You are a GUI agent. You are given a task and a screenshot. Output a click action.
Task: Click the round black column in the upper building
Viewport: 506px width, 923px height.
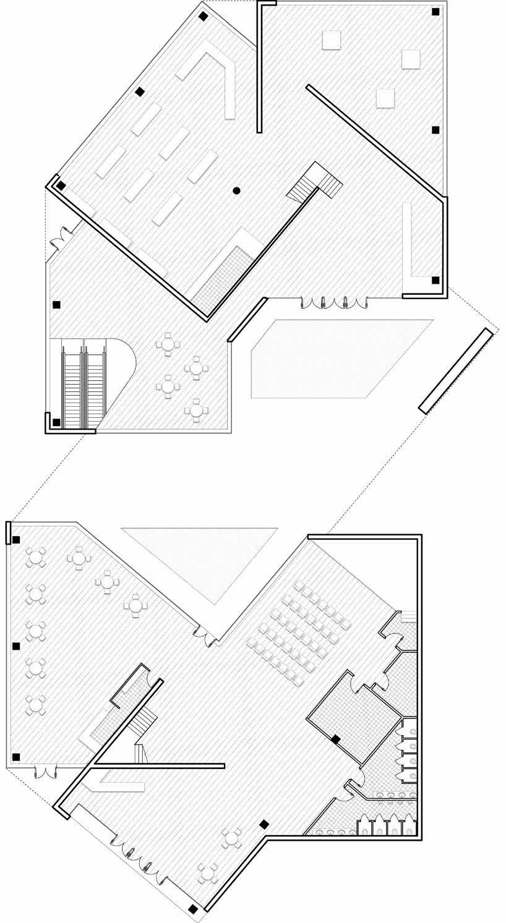click(x=236, y=190)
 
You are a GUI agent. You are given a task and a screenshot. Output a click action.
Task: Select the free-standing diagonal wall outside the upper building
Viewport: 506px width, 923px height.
click(x=457, y=370)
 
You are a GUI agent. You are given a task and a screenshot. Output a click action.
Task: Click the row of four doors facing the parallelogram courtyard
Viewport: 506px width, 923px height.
click(x=334, y=302)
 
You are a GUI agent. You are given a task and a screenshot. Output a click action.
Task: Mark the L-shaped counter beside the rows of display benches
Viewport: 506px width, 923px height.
click(x=220, y=80)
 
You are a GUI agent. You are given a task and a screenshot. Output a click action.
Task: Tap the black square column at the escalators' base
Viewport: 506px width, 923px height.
click(x=56, y=422)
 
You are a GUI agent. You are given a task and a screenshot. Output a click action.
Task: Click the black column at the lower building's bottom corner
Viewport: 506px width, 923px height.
click(x=194, y=909)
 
